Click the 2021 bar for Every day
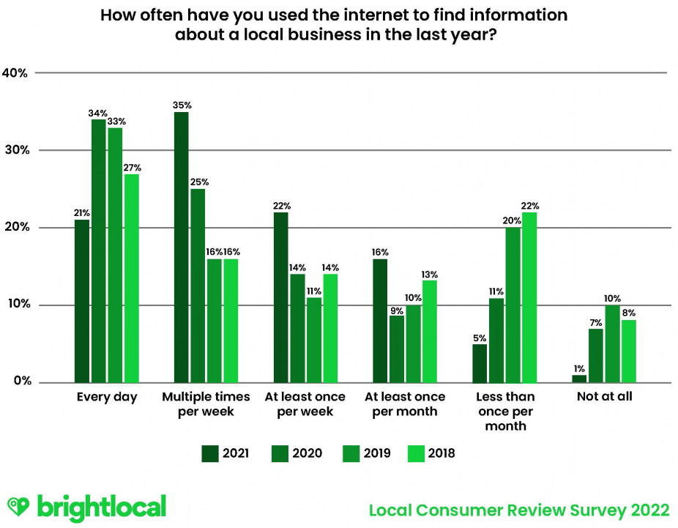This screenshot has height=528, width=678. [x=82, y=301]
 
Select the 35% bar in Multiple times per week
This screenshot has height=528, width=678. [x=181, y=247]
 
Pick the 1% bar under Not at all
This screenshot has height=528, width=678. [x=579, y=379]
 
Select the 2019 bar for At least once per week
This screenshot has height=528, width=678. [x=313, y=340]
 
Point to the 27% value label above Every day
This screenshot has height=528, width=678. [x=132, y=168]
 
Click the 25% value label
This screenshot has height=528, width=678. [x=199, y=182]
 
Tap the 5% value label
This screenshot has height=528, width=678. [x=480, y=338]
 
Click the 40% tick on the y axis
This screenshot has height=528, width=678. [x=15, y=72]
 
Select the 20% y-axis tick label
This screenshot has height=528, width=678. [x=15, y=228]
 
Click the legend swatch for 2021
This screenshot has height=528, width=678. [x=210, y=453]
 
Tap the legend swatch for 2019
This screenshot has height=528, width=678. [x=351, y=453]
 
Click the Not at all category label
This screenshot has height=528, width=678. [x=604, y=397]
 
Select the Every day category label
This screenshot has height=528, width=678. [x=107, y=397]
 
